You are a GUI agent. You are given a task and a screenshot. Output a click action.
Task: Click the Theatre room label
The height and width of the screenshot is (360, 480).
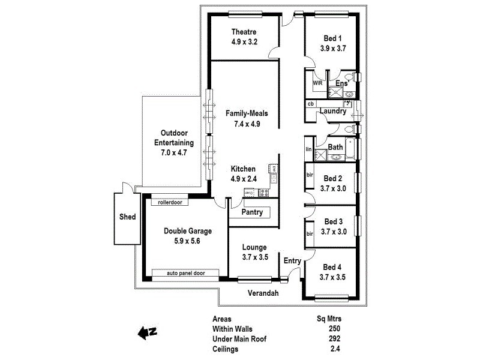[244, 32]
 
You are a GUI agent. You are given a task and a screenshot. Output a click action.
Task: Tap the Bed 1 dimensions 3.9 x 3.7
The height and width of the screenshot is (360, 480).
[333, 49]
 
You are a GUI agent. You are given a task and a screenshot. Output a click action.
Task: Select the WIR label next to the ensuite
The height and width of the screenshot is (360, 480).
[317, 83]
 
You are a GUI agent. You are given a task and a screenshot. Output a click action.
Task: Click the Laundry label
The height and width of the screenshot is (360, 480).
[333, 112]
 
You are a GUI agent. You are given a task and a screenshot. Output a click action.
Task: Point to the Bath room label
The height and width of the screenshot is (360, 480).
[335, 146]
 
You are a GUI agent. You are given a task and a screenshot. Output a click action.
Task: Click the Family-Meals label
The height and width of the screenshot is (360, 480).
[247, 113]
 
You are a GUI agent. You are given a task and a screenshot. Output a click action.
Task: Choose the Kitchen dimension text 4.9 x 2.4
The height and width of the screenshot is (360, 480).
[244, 179]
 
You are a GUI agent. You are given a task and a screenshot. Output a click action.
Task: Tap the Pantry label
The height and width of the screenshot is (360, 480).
[253, 212]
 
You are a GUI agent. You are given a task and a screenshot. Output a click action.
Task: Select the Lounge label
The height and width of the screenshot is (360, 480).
[254, 247]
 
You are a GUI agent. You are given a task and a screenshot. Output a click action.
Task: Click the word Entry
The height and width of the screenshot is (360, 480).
[292, 260]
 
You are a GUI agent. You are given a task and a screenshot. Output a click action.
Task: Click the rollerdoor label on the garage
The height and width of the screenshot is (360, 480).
[170, 202]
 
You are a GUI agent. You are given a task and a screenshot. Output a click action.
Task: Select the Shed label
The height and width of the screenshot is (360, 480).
[127, 217]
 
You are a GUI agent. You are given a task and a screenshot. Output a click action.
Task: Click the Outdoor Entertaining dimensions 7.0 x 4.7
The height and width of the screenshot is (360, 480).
[173, 153]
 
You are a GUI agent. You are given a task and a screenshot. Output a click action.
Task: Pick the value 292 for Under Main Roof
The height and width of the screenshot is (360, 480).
[335, 338]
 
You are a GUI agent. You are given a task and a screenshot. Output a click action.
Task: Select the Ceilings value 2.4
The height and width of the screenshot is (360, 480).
[335, 348]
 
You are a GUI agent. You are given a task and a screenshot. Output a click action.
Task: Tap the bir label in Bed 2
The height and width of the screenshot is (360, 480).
[310, 175]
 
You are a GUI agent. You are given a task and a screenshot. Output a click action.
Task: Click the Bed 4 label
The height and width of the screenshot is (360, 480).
[333, 267]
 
